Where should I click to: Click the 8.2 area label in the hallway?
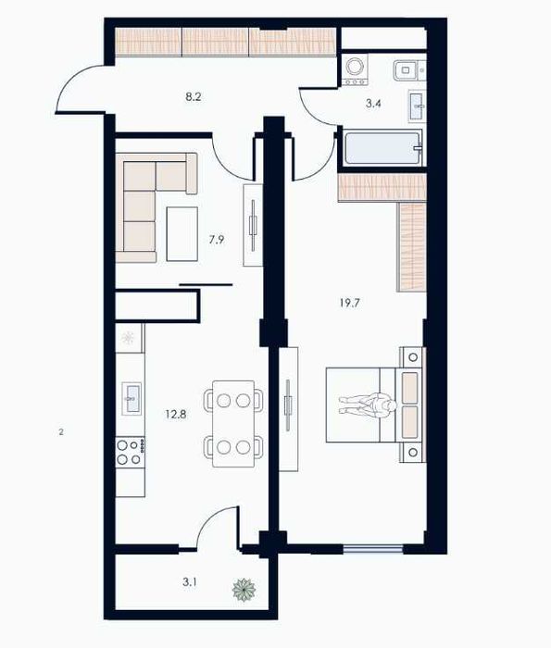193,97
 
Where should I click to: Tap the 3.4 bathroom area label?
373,104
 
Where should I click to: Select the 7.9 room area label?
217,240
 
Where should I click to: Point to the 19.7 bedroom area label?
350,303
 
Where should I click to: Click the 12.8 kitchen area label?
176,414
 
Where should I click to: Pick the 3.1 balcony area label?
189,582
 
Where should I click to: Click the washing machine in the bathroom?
355,69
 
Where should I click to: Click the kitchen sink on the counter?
131,398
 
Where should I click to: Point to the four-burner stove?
131,452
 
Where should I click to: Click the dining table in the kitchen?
233,424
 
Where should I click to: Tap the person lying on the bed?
368,405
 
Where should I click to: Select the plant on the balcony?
244,590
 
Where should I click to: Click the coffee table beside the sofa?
182,234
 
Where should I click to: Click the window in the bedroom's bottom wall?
373,549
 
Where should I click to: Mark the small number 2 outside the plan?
61,432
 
